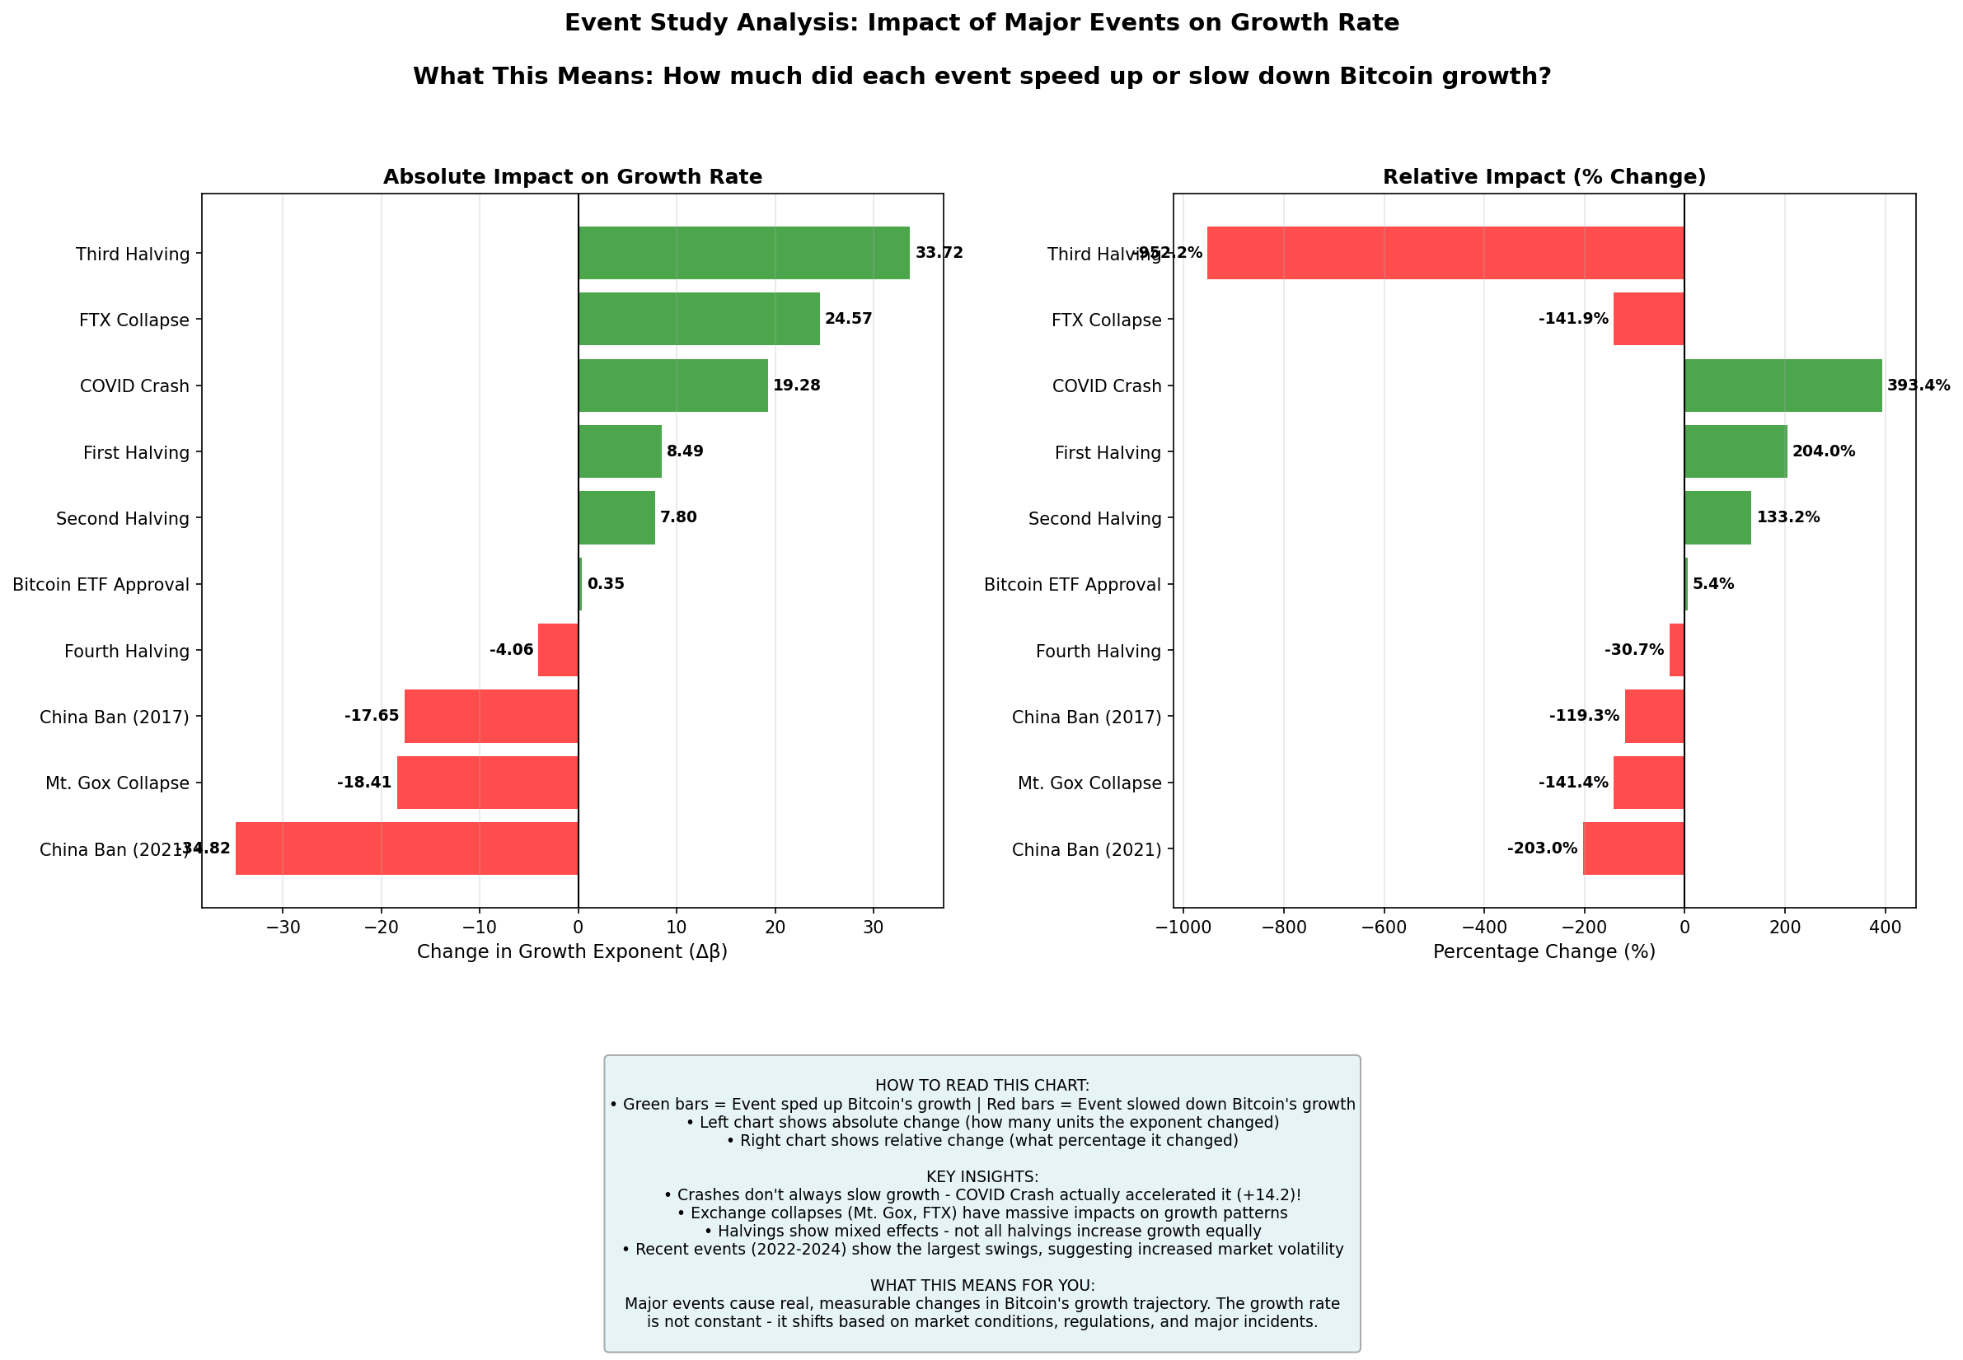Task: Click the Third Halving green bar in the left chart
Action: pyautogui.click(x=743, y=253)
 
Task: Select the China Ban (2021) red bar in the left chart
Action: pyautogui.click(x=406, y=848)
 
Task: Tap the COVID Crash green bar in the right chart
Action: pyautogui.click(x=1783, y=386)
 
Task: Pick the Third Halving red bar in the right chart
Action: pyautogui.click(x=1445, y=253)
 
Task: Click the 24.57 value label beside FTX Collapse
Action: pyautogui.click(x=848, y=320)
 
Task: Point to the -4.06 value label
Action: pyautogui.click(x=512, y=650)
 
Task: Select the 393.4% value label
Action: pyautogui.click(x=1918, y=386)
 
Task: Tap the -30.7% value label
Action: pyautogui.click(x=1633, y=650)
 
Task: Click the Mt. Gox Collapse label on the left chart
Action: pyautogui.click(x=118, y=783)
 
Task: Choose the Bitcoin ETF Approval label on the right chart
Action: pyautogui.click(x=1072, y=585)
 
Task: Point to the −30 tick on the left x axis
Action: pyautogui.click(x=283, y=927)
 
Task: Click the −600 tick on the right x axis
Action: pyautogui.click(x=1383, y=927)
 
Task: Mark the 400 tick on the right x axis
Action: pyautogui.click(x=1885, y=927)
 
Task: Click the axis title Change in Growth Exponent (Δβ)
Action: pyautogui.click(x=572, y=951)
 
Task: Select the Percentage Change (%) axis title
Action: pyautogui.click(x=1544, y=951)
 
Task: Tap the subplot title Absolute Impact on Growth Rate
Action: pyautogui.click(x=572, y=176)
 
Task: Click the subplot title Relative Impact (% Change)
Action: pyautogui.click(x=1544, y=176)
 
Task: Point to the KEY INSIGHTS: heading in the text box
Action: pyautogui.click(x=982, y=1177)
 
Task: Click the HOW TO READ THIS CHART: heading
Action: pyautogui.click(x=982, y=1086)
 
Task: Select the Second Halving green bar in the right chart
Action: pyautogui.click(x=1717, y=518)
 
